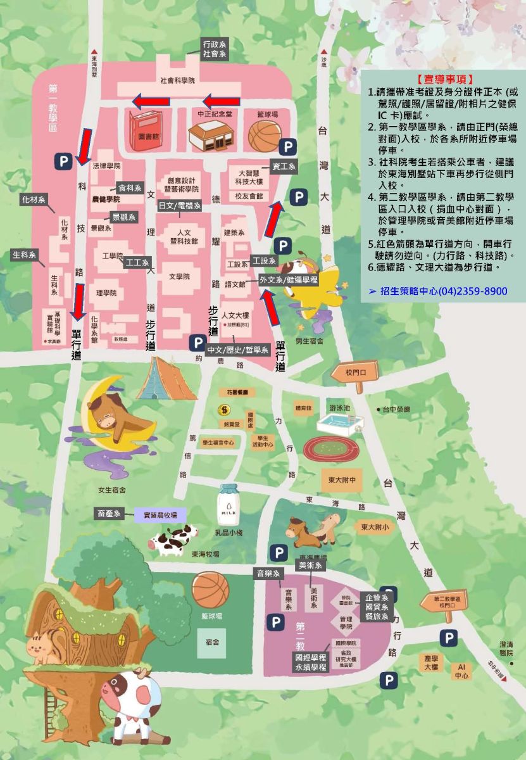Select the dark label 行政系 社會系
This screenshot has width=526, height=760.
(x=214, y=49)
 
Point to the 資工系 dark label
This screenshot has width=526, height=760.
(x=284, y=167)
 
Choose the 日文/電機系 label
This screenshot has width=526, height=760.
(x=180, y=205)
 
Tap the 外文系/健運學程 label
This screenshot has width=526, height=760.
(x=289, y=279)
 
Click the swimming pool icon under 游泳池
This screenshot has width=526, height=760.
(x=341, y=422)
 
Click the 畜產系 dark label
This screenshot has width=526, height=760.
(x=109, y=514)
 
